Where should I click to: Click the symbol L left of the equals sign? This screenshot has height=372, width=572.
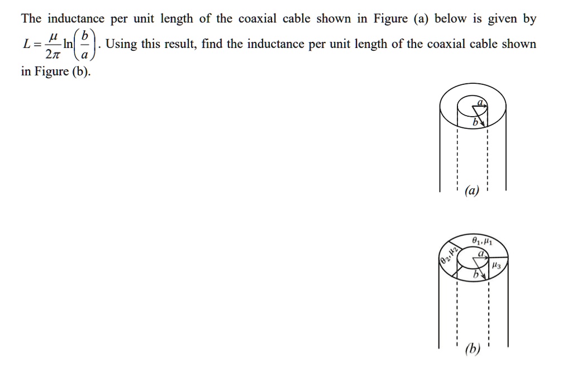[x=26, y=44]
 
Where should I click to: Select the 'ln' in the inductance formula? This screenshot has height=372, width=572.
[x=68, y=44]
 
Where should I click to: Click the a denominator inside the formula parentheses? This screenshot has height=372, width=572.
[x=85, y=54]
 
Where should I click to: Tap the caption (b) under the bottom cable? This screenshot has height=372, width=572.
[x=473, y=350]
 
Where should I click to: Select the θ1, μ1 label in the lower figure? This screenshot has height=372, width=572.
[x=481, y=241]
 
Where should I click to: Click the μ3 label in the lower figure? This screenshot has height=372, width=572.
[x=496, y=268]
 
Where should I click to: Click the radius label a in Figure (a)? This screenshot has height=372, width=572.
[x=480, y=102]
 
